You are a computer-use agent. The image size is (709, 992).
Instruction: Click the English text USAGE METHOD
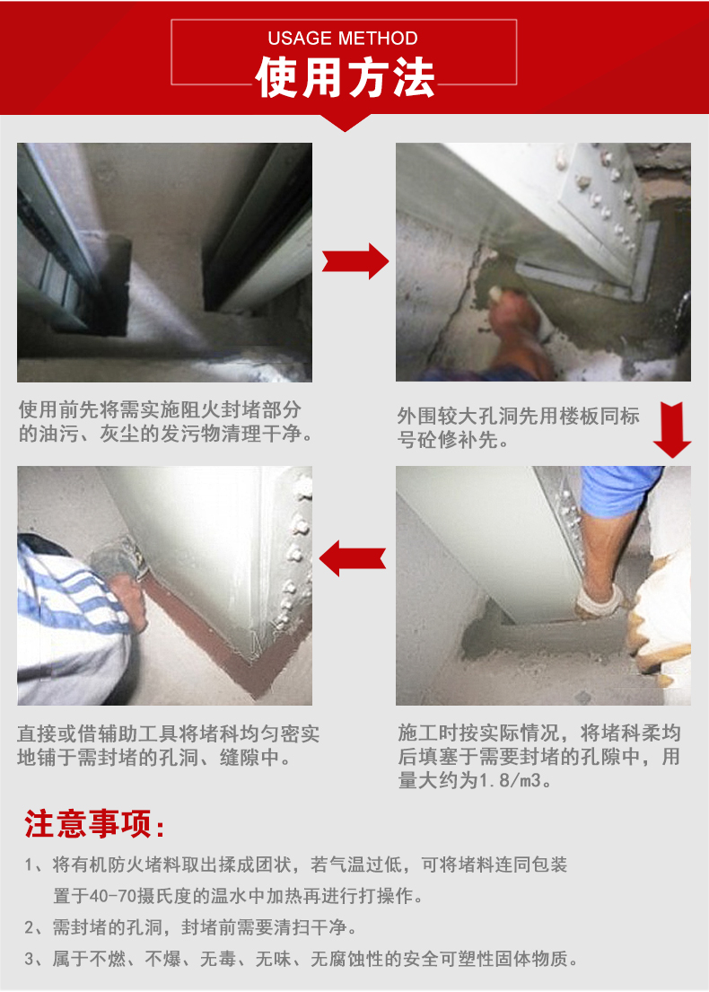(342, 38)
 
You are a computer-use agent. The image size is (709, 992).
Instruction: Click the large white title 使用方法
(345, 78)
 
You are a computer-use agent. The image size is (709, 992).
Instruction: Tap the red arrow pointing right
(355, 260)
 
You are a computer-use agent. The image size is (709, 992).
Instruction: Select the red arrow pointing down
(671, 430)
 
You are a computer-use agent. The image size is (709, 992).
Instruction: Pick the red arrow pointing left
(353, 558)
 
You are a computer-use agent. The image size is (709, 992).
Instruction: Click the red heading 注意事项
(95, 824)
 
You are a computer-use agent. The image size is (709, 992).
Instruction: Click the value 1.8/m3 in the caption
(510, 780)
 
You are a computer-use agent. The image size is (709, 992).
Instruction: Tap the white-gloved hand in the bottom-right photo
(600, 601)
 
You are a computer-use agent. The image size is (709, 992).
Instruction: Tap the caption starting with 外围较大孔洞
(519, 427)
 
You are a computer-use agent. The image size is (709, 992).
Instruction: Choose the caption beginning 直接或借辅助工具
(168, 745)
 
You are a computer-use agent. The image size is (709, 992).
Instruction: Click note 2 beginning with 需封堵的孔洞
(190, 927)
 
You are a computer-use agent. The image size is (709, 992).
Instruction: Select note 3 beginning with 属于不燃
(301, 959)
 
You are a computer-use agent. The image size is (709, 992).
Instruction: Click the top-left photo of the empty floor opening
(164, 262)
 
